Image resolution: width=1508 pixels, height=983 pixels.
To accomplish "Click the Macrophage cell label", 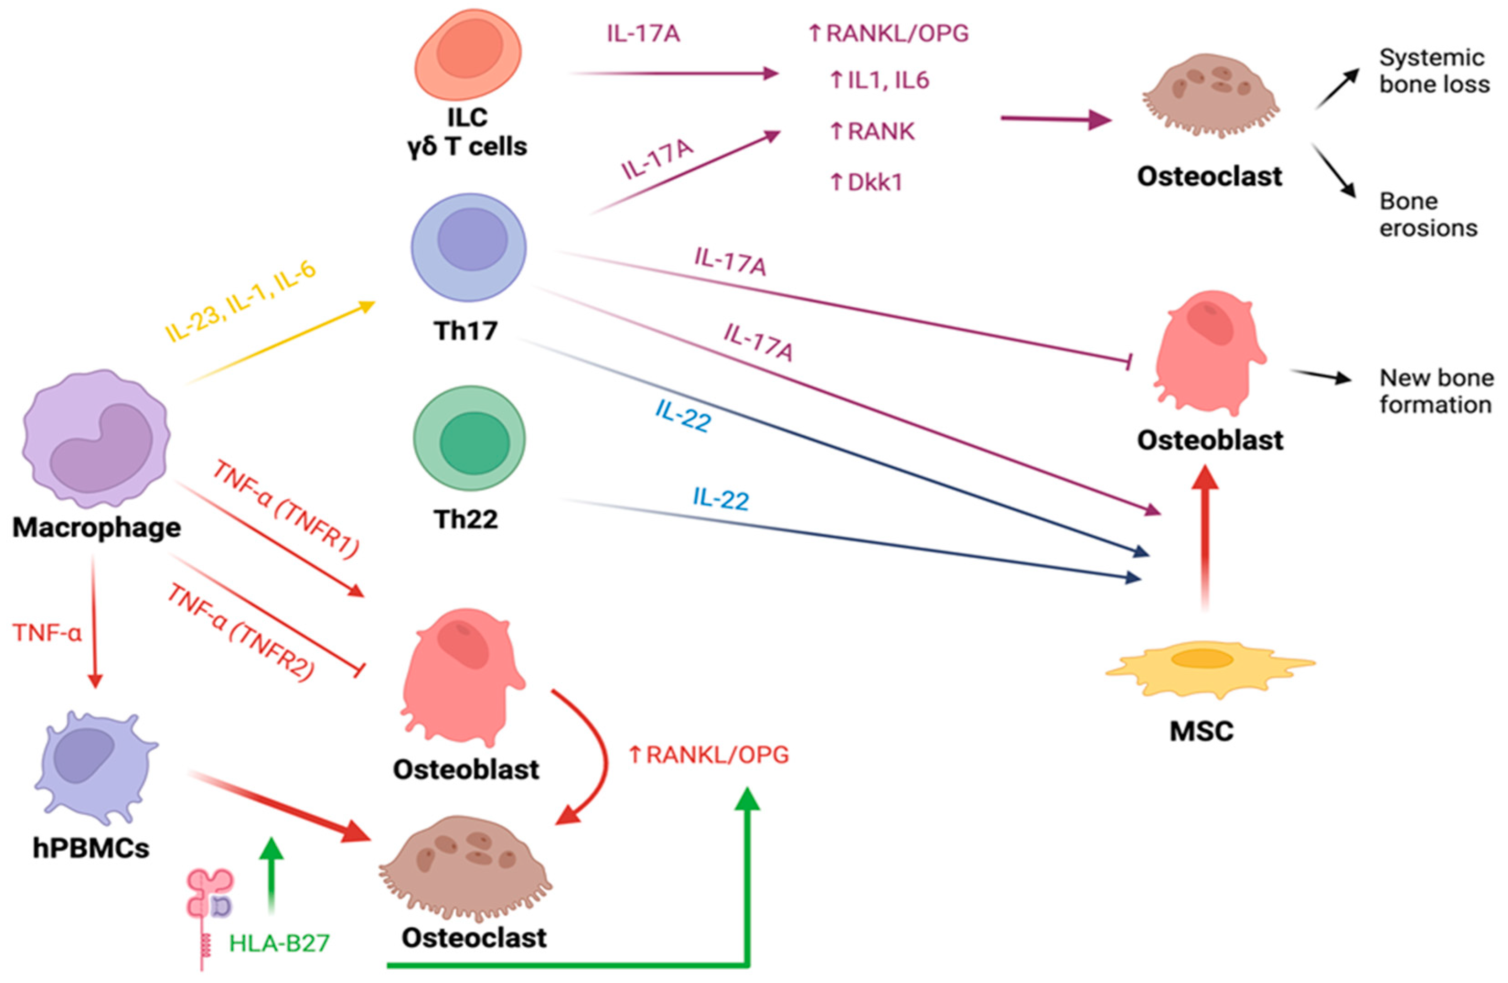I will click(96, 527).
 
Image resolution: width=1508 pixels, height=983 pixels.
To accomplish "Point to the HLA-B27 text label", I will click(279, 944).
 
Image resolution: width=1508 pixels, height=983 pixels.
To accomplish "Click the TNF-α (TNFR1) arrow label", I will click(286, 510).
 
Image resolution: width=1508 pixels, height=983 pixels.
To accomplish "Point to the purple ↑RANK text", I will click(873, 131).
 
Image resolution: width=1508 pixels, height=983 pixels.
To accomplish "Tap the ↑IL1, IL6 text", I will click(879, 80).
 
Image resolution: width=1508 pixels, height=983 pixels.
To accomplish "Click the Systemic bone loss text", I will click(1434, 71).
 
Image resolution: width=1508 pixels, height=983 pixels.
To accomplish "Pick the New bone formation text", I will click(1436, 391).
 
